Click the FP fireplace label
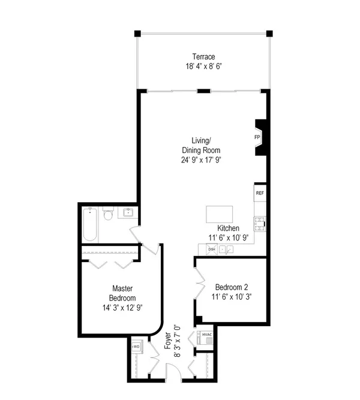[x=257, y=137]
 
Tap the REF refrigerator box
[x=260, y=193]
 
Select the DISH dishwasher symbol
[x=212, y=249]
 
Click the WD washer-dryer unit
[x=137, y=347]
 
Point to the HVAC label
[x=207, y=335]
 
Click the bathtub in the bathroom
[x=90, y=224]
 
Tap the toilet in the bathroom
[x=108, y=213]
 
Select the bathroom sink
[x=128, y=212]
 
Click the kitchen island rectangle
[x=220, y=214]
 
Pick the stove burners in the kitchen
[x=260, y=224]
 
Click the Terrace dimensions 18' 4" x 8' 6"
[x=203, y=67]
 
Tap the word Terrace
[x=203, y=56]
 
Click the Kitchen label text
[x=228, y=228]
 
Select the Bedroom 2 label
[x=232, y=287]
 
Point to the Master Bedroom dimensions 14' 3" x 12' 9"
[x=122, y=308]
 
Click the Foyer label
[x=168, y=341]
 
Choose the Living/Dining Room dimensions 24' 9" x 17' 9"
[x=201, y=160]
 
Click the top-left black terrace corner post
[x=137, y=34]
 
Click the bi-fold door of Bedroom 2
[x=200, y=282]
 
